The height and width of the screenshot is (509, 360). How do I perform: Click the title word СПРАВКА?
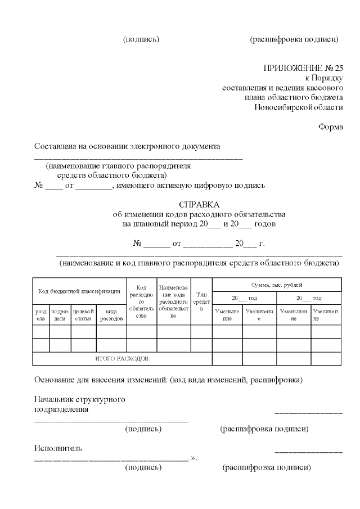click(199, 204)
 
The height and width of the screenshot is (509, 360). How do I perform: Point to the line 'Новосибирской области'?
click(298, 107)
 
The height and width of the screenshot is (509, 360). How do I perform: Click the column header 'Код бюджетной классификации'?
click(79, 291)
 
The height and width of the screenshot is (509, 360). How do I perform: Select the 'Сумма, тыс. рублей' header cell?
click(276, 285)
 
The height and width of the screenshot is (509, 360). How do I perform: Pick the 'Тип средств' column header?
click(201, 301)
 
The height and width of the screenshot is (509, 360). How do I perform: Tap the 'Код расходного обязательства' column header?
click(141, 301)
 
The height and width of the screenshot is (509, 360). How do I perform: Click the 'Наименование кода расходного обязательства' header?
click(173, 301)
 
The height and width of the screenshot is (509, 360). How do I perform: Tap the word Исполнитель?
click(58, 448)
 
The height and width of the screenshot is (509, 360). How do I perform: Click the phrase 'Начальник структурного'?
click(79, 399)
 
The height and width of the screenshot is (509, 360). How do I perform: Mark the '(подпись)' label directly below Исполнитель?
click(143, 467)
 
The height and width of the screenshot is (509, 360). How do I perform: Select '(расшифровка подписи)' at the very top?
click(294, 39)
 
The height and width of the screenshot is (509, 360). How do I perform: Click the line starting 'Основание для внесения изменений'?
click(168, 380)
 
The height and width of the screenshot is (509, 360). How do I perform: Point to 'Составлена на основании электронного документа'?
click(127, 146)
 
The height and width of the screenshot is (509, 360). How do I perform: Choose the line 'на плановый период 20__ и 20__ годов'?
click(199, 224)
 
